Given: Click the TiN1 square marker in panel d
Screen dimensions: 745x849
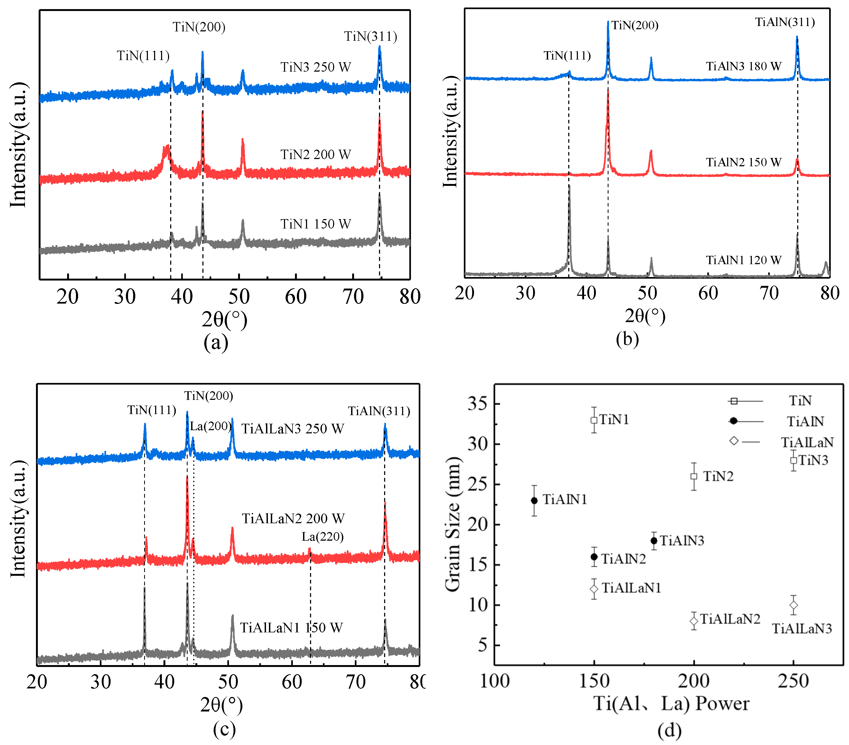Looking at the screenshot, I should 594,420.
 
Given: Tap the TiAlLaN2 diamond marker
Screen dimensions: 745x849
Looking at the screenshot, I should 694,621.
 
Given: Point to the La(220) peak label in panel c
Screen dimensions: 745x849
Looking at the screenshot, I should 322,537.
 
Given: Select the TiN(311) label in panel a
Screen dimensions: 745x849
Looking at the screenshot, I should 370,36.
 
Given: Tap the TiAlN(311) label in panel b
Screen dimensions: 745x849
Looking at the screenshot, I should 785,22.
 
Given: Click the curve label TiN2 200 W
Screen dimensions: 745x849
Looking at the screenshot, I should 316,155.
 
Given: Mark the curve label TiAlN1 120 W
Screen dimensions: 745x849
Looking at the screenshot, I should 744,260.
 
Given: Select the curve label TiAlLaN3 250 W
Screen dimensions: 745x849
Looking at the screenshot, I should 293,429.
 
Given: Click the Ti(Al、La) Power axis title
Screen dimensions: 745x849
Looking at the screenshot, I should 671,703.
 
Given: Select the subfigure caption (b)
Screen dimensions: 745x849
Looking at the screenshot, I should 627,339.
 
